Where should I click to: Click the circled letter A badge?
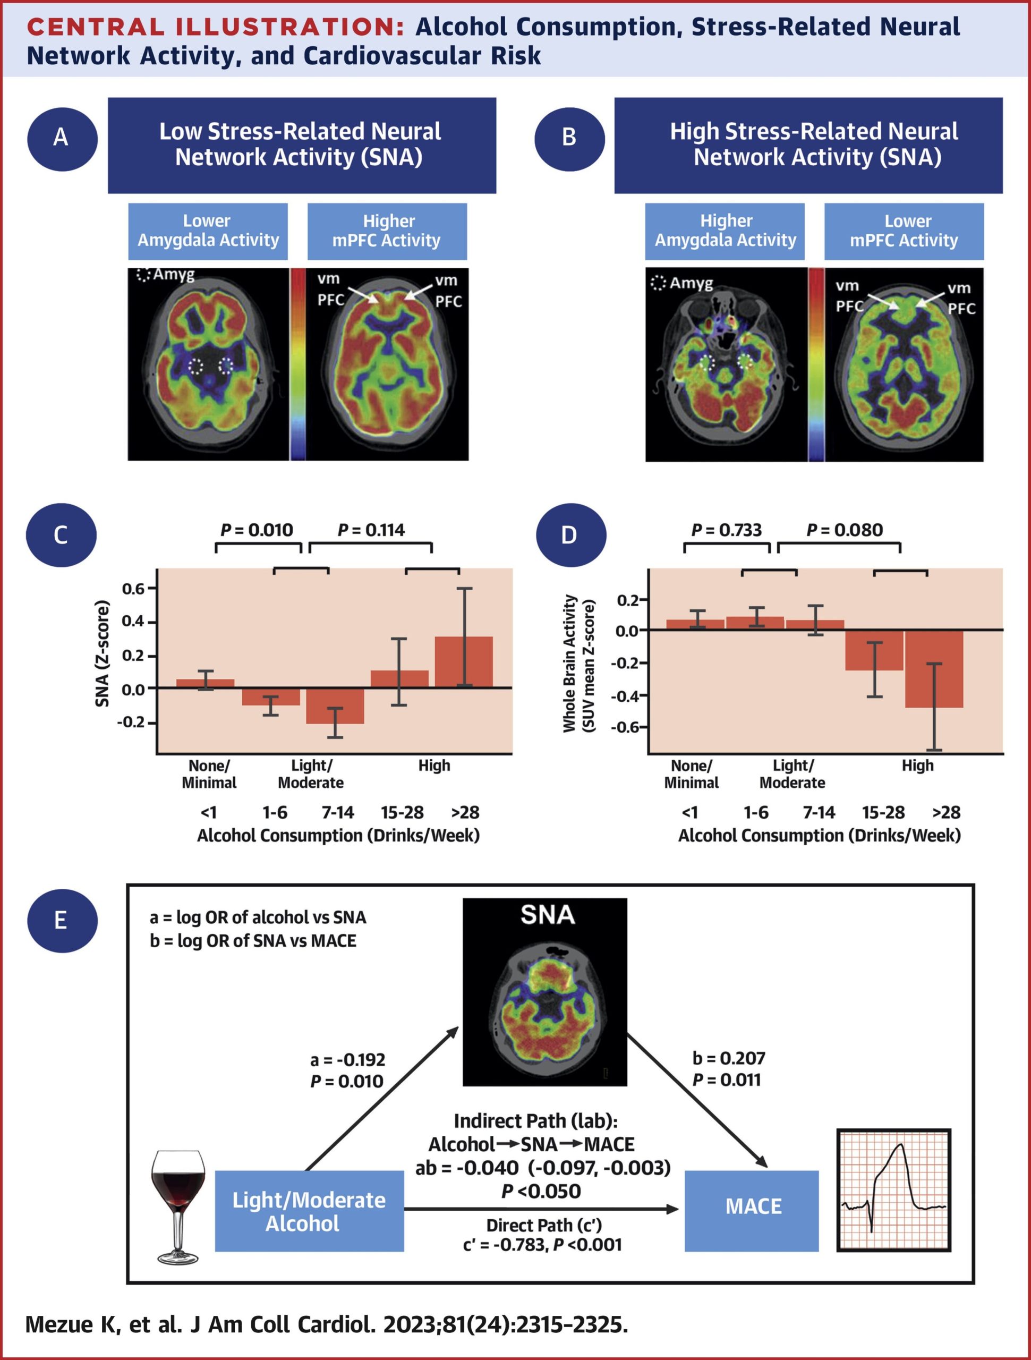click(x=62, y=137)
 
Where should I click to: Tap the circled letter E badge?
click(x=62, y=921)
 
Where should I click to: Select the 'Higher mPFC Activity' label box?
click(x=387, y=231)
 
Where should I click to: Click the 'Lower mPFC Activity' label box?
click(x=903, y=231)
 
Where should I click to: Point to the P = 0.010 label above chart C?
click(x=257, y=530)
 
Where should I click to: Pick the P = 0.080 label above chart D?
click(x=844, y=530)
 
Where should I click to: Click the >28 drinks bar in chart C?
click(x=464, y=661)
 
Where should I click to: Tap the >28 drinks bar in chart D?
click(x=934, y=668)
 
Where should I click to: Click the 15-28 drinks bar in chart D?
click(x=874, y=650)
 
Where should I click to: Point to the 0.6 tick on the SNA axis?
click(x=133, y=589)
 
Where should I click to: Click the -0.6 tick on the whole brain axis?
click(x=625, y=727)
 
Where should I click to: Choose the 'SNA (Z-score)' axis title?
click(x=103, y=654)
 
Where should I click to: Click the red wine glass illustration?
click(x=178, y=1206)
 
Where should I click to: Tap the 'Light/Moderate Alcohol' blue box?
click(x=309, y=1211)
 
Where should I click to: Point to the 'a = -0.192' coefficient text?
click(x=347, y=1059)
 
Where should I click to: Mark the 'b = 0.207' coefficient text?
click(x=729, y=1058)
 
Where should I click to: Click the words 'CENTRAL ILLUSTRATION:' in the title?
click(x=216, y=27)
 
